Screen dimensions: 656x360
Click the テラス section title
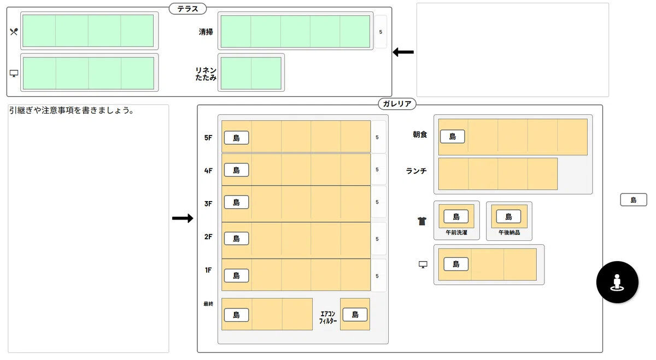point(188,9)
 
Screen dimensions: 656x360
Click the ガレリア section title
point(397,104)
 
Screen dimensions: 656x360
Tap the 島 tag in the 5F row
point(236,138)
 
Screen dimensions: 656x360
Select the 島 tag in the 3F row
point(236,202)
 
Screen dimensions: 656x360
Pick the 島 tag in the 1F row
point(236,275)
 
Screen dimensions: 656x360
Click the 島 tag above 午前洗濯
point(456,216)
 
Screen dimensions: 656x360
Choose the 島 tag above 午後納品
point(508,216)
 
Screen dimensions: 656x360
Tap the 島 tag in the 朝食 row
point(453,137)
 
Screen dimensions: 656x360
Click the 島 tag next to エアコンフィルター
point(355,315)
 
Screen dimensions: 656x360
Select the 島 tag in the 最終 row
point(236,315)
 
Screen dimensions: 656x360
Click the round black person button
point(617,282)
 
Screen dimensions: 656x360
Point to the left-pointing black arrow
point(403,52)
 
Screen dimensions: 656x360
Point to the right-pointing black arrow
point(183,218)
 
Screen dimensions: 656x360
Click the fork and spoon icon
point(14,32)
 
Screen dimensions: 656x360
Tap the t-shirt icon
point(421,221)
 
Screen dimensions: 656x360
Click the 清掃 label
point(206,32)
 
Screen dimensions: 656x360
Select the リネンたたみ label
point(206,74)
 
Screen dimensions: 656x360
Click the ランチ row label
point(416,171)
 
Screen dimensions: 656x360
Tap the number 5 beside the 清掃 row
point(380,32)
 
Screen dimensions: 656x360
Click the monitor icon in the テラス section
point(14,73)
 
